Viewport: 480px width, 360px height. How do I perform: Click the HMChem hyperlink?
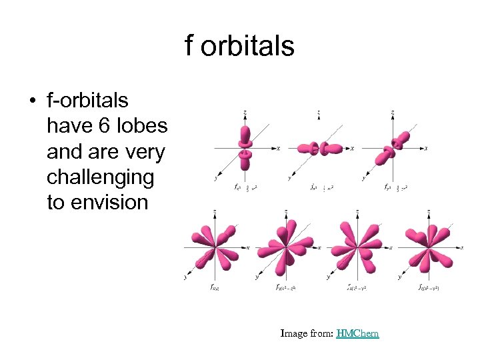tap(357, 333)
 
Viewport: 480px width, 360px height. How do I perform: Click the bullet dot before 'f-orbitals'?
tap(31, 101)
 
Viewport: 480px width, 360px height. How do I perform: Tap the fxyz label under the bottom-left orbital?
tap(215, 287)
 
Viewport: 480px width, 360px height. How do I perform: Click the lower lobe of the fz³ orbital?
tap(245, 162)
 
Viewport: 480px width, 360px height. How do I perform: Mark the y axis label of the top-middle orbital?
tap(289, 178)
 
